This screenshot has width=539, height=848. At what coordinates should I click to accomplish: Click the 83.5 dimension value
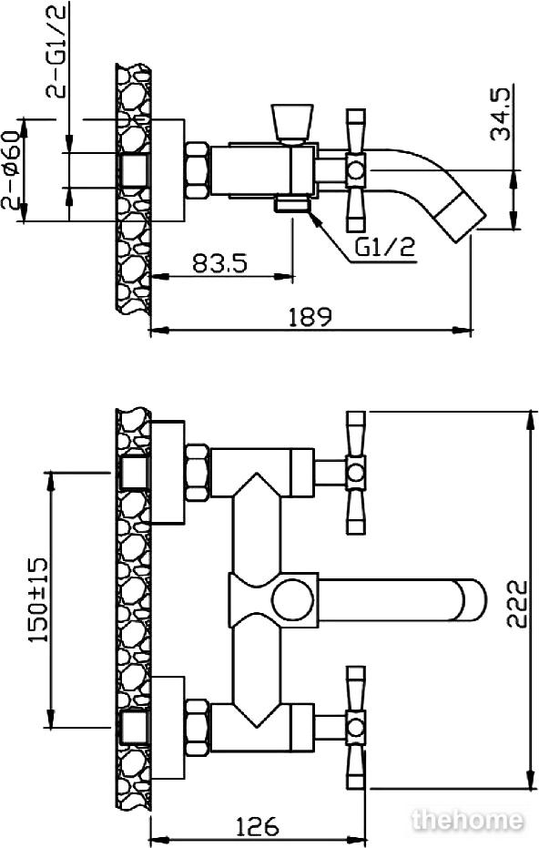pos(219,264)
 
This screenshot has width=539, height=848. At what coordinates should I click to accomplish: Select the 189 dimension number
pos(310,318)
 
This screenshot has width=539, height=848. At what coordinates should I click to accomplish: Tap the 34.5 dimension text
pos(500,114)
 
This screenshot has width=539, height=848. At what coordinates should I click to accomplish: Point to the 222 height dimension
pos(517,604)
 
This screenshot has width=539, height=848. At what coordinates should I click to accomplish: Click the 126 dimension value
pos(258,826)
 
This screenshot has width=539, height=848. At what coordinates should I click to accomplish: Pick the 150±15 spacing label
pos(38,600)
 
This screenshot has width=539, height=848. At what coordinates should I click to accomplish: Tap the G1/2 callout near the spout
pos(385,248)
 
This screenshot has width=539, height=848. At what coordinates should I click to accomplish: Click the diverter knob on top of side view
pos(292,123)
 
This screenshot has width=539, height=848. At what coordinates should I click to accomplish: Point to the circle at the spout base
pos(292,600)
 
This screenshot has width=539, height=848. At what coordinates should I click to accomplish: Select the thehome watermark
pos(468,821)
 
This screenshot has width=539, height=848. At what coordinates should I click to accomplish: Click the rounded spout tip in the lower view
pos(474,600)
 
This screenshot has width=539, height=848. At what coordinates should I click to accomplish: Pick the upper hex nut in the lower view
pos(197,473)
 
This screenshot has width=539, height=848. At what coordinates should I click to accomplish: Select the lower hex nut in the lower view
pos(197,728)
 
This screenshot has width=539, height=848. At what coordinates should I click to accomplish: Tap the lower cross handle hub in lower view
pos(356,728)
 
